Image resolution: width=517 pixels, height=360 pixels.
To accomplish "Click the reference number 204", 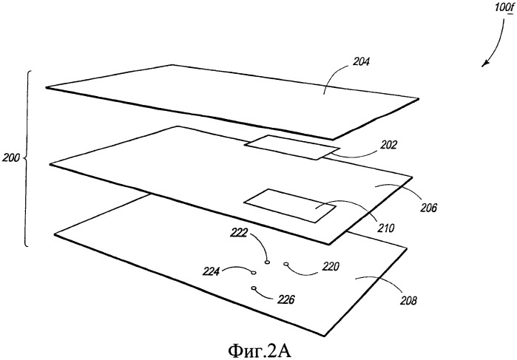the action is click(x=361, y=61).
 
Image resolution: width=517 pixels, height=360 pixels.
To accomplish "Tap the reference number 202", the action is click(x=388, y=145).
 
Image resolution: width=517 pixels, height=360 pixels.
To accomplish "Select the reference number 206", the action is click(x=428, y=208).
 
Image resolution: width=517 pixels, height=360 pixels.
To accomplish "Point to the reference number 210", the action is click(x=385, y=228).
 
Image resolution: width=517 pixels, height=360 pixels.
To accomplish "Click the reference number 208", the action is click(x=408, y=300).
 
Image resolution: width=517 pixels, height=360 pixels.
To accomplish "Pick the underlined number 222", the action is click(x=239, y=233).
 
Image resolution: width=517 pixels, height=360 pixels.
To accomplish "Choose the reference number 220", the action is click(x=331, y=266).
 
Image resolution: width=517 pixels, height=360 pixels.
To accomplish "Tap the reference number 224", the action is click(x=211, y=271).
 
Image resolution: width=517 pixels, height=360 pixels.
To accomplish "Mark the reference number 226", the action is click(x=285, y=299).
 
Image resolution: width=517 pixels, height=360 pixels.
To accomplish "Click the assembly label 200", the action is click(x=11, y=157).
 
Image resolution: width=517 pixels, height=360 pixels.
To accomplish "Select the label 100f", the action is click(x=504, y=7).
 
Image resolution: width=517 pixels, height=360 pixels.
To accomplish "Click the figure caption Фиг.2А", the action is click(x=260, y=351).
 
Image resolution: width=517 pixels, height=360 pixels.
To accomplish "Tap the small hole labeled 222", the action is click(x=267, y=262).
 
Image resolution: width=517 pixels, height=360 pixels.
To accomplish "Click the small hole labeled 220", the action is click(x=286, y=264).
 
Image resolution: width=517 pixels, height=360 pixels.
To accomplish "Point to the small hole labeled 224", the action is click(x=253, y=273).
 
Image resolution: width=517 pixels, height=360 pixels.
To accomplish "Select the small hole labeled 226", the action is click(x=254, y=288).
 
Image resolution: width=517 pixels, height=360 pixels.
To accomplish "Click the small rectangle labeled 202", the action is click(x=291, y=147).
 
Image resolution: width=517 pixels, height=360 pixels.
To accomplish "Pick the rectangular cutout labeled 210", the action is click(x=290, y=206).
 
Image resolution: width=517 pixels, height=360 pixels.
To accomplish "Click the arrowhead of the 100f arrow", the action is click(x=484, y=64).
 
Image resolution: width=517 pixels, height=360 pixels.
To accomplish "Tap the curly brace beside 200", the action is click(x=27, y=158).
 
